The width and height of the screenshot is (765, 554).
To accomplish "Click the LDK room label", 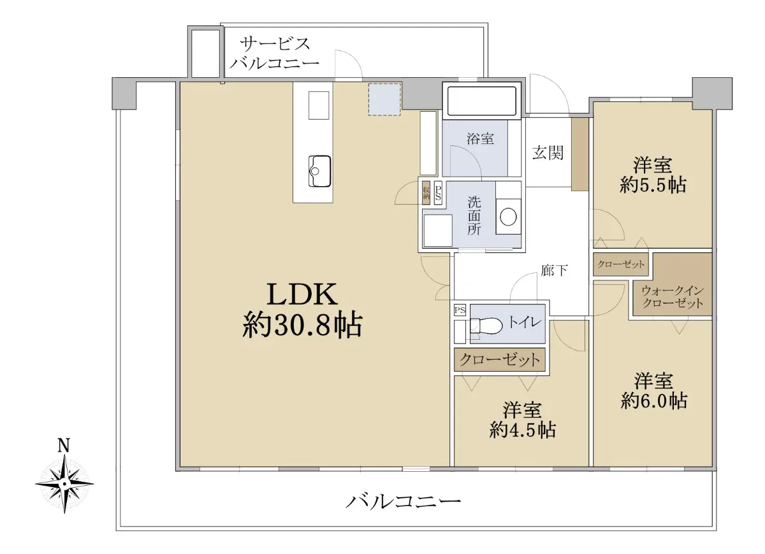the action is tap(302, 295).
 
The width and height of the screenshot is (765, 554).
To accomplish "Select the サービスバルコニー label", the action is tap(275, 54).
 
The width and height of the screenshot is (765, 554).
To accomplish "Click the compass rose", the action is tap(64, 484).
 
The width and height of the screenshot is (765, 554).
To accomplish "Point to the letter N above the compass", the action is tap(64, 446).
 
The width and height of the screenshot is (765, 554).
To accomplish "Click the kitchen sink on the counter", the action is tap(319, 171).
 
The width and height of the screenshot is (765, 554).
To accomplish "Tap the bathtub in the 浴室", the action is tap(481, 101).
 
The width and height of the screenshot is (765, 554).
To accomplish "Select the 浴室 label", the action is tap(480, 139).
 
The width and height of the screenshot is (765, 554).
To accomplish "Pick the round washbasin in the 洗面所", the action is tap(508, 217).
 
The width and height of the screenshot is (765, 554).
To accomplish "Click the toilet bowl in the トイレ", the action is tap(486, 326).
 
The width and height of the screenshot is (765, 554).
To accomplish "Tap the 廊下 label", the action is tap(554, 270).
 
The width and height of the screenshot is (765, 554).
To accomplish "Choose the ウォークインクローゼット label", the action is tap(673, 297).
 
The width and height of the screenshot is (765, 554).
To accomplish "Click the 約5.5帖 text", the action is tap(653, 185).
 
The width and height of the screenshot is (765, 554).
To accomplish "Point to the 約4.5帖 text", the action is tap(522, 430).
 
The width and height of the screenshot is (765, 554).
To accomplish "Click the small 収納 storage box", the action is tap(426, 193).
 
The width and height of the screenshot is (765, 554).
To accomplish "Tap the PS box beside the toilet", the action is tap(460, 310).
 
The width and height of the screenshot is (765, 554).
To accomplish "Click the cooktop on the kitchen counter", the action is tap(319, 105).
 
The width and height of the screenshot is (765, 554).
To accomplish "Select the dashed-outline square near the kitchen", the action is tap(384, 99).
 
